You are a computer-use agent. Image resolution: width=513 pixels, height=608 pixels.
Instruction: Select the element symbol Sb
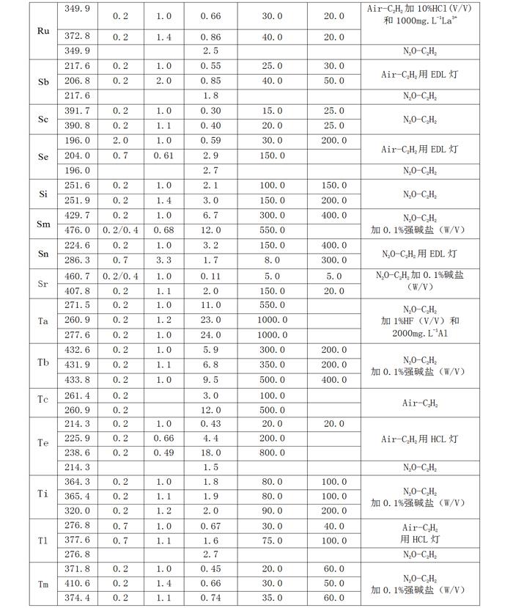pos(43,81)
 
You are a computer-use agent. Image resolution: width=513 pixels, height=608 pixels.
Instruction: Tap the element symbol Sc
pos(43,118)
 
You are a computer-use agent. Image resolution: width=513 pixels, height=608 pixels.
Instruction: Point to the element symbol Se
pos(43,155)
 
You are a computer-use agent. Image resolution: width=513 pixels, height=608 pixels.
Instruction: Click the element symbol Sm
pos(43,223)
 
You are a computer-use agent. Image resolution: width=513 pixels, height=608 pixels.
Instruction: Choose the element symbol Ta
pos(43,321)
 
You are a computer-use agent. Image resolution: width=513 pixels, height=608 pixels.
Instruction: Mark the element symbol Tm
pos(43,584)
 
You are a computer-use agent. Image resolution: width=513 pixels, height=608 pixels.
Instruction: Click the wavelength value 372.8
pos(78,36)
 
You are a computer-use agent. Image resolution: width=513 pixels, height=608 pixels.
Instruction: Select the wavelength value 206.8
pos(78,81)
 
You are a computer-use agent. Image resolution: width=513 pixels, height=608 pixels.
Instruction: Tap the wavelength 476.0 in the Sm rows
pos(78,230)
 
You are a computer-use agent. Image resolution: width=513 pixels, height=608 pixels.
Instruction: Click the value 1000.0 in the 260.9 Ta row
pos(272,321)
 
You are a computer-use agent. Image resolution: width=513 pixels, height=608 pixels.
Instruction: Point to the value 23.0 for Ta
pos(210,321)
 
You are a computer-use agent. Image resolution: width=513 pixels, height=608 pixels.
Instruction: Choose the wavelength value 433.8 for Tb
pos(78,380)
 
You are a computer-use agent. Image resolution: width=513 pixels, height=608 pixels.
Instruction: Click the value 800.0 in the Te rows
pos(272,453)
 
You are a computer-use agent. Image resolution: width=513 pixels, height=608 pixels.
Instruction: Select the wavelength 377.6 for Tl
pos(78,541)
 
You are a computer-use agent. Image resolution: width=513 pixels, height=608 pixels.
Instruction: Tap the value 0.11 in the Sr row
pos(210,276)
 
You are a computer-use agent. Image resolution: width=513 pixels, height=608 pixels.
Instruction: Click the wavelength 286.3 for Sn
pos(78,260)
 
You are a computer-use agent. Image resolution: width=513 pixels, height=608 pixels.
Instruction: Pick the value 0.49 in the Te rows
pos(163,453)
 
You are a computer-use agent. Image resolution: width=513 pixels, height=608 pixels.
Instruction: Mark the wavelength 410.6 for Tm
pos(78,584)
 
